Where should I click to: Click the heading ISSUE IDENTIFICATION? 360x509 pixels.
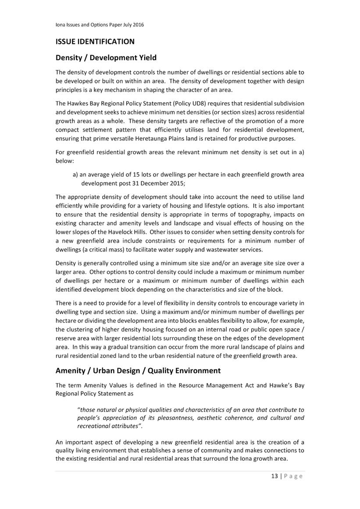[95, 42]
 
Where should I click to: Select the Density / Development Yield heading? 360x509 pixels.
[106, 57]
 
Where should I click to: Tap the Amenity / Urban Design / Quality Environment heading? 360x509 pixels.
[138, 370]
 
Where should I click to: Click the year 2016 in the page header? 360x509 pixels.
[137, 25]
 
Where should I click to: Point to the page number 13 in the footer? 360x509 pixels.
[274, 476]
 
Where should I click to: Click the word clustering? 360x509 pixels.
[80, 329]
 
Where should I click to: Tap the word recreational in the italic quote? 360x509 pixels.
[94, 426]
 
